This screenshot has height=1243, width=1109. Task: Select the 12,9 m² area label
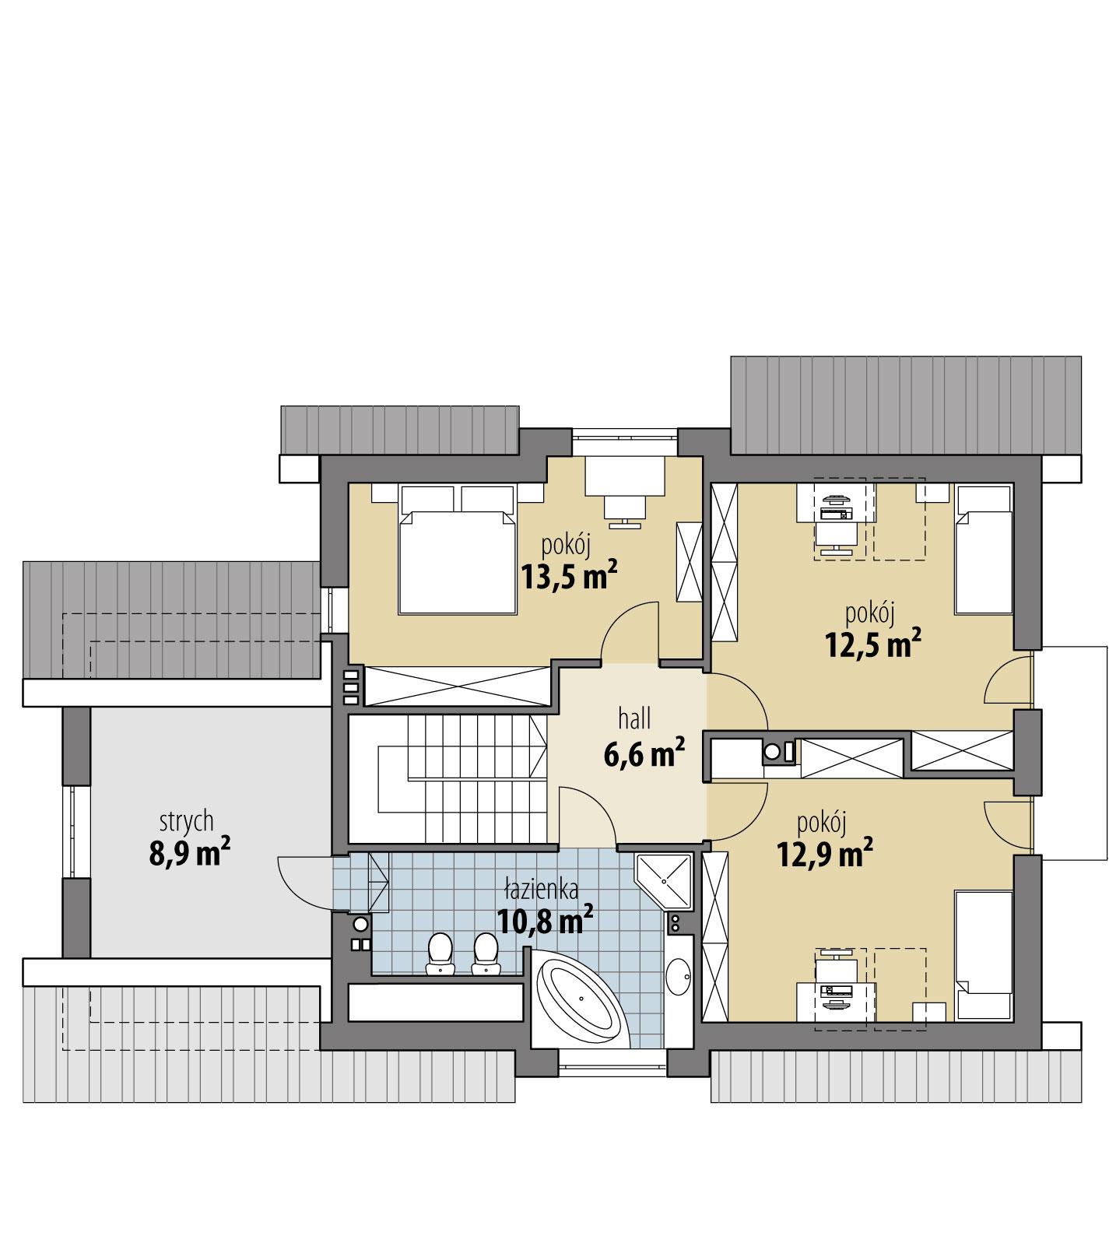point(824,855)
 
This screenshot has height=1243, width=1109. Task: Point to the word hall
point(634,718)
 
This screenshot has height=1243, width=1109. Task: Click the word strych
point(186,820)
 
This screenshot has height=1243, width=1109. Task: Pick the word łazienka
point(541,888)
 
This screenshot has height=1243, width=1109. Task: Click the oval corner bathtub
point(581,1004)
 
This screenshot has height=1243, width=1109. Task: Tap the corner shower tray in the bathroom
point(664,880)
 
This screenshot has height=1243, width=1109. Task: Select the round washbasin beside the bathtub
point(679,974)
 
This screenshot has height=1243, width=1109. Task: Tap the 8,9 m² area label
point(189,852)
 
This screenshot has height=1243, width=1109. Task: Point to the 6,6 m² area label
point(644,753)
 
